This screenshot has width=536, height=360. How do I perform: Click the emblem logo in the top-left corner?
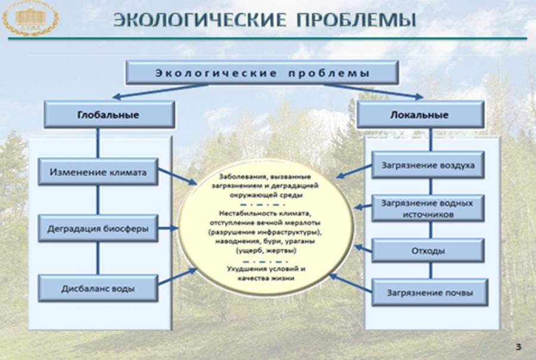(x=30, y=18)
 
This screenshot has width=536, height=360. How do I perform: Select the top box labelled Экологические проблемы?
(x=261, y=74)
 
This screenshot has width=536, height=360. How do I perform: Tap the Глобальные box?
(x=108, y=115)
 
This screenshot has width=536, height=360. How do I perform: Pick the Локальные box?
(x=420, y=115)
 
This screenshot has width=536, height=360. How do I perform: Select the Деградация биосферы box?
(x=98, y=228)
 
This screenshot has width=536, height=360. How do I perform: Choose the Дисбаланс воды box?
(x=98, y=289)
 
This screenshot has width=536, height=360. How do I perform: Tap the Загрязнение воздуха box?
(x=428, y=165)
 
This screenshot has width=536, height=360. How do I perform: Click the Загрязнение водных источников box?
(x=428, y=208)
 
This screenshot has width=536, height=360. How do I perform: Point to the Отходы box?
(x=428, y=251)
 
